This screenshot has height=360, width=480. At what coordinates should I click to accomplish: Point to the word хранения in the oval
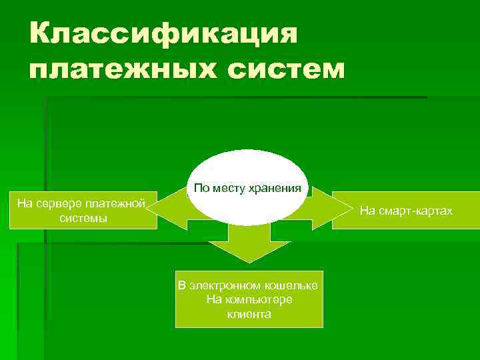pos(276,189)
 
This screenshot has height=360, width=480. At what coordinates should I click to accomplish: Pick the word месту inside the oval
pos(229,189)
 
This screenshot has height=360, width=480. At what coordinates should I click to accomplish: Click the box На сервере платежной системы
pos(81,210)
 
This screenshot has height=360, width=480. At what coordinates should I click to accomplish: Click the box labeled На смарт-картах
pos(405,211)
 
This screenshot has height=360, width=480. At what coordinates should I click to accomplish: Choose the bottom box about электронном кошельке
pos(249,299)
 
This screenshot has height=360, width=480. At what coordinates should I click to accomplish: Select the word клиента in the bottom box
pos(249,313)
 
